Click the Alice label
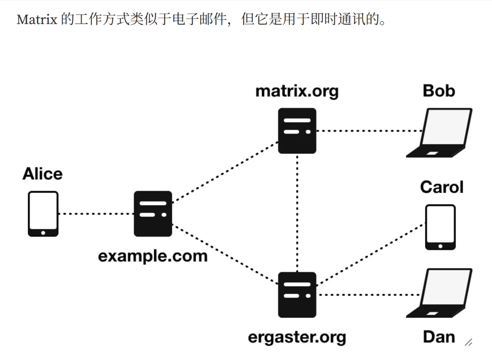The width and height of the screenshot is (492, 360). [x=42, y=174]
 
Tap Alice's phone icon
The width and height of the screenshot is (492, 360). [x=43, y=213]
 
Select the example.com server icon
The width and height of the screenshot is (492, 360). [x=153, y=213]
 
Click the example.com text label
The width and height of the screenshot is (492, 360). [x=153, y=256]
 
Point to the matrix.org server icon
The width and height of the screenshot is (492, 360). [x=297, y=131]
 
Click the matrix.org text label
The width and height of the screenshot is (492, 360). [x=297, y=91]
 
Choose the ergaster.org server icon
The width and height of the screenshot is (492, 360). [x=297, y=294]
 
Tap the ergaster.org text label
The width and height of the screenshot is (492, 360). [x=297, y=337]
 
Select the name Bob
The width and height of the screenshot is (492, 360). [x=439, y=91]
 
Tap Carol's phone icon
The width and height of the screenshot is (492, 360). [x=440, y=227]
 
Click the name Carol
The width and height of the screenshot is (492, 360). [x=441, y=187]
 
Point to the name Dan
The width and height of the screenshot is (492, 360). [x=439, y=337]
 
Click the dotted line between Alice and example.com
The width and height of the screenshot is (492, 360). [x=96, y=213]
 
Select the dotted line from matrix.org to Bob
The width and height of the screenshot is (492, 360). [x=369, y=131]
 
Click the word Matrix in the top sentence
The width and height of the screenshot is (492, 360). [x=36, y=20]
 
